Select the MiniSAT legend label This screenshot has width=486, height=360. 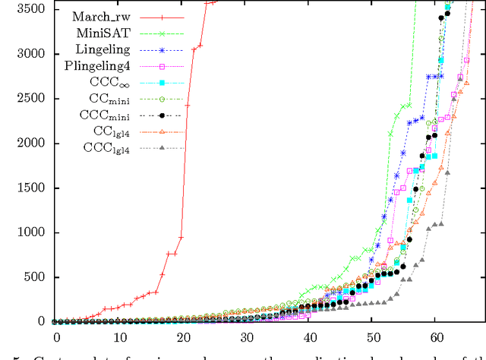[x=106, y=33]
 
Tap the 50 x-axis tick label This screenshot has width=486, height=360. [x=373, y=336]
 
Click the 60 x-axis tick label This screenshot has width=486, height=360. [x=437, y=336]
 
